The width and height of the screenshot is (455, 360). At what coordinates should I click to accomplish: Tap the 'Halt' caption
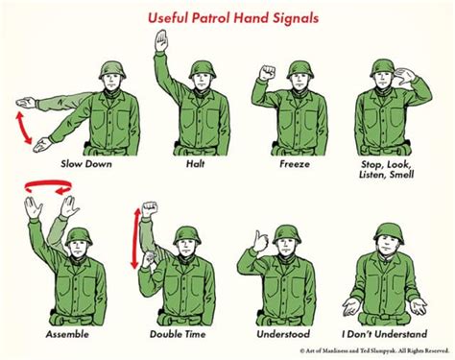tap(196, 163)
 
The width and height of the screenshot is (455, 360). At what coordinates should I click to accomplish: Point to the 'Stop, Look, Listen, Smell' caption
tap(395, 169)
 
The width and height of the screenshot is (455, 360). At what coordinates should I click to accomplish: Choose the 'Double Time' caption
tap(177, 334)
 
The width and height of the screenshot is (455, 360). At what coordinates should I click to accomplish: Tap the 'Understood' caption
tap(284, 334)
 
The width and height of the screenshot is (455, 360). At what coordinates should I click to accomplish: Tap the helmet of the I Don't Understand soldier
tap(388, 232)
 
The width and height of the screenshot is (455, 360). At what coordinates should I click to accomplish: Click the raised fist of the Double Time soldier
tap(149, 211)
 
